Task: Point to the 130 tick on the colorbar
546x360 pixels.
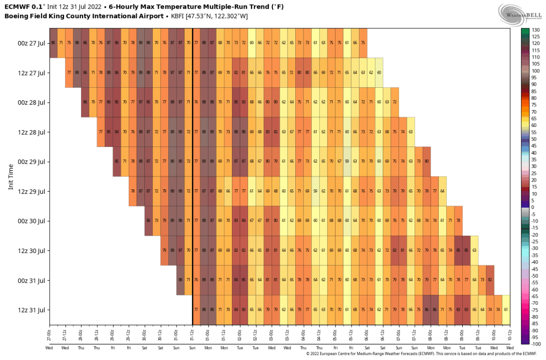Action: [535, 30]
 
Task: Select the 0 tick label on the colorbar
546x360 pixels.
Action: [533, 207]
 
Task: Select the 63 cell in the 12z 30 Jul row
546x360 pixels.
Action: [474, 250]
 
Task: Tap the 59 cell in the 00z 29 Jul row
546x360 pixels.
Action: [347, 162]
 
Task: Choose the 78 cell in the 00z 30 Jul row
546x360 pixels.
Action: [458, 221]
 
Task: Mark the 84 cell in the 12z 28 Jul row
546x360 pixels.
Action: [116, 132]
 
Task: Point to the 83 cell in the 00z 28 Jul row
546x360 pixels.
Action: [244, 102]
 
